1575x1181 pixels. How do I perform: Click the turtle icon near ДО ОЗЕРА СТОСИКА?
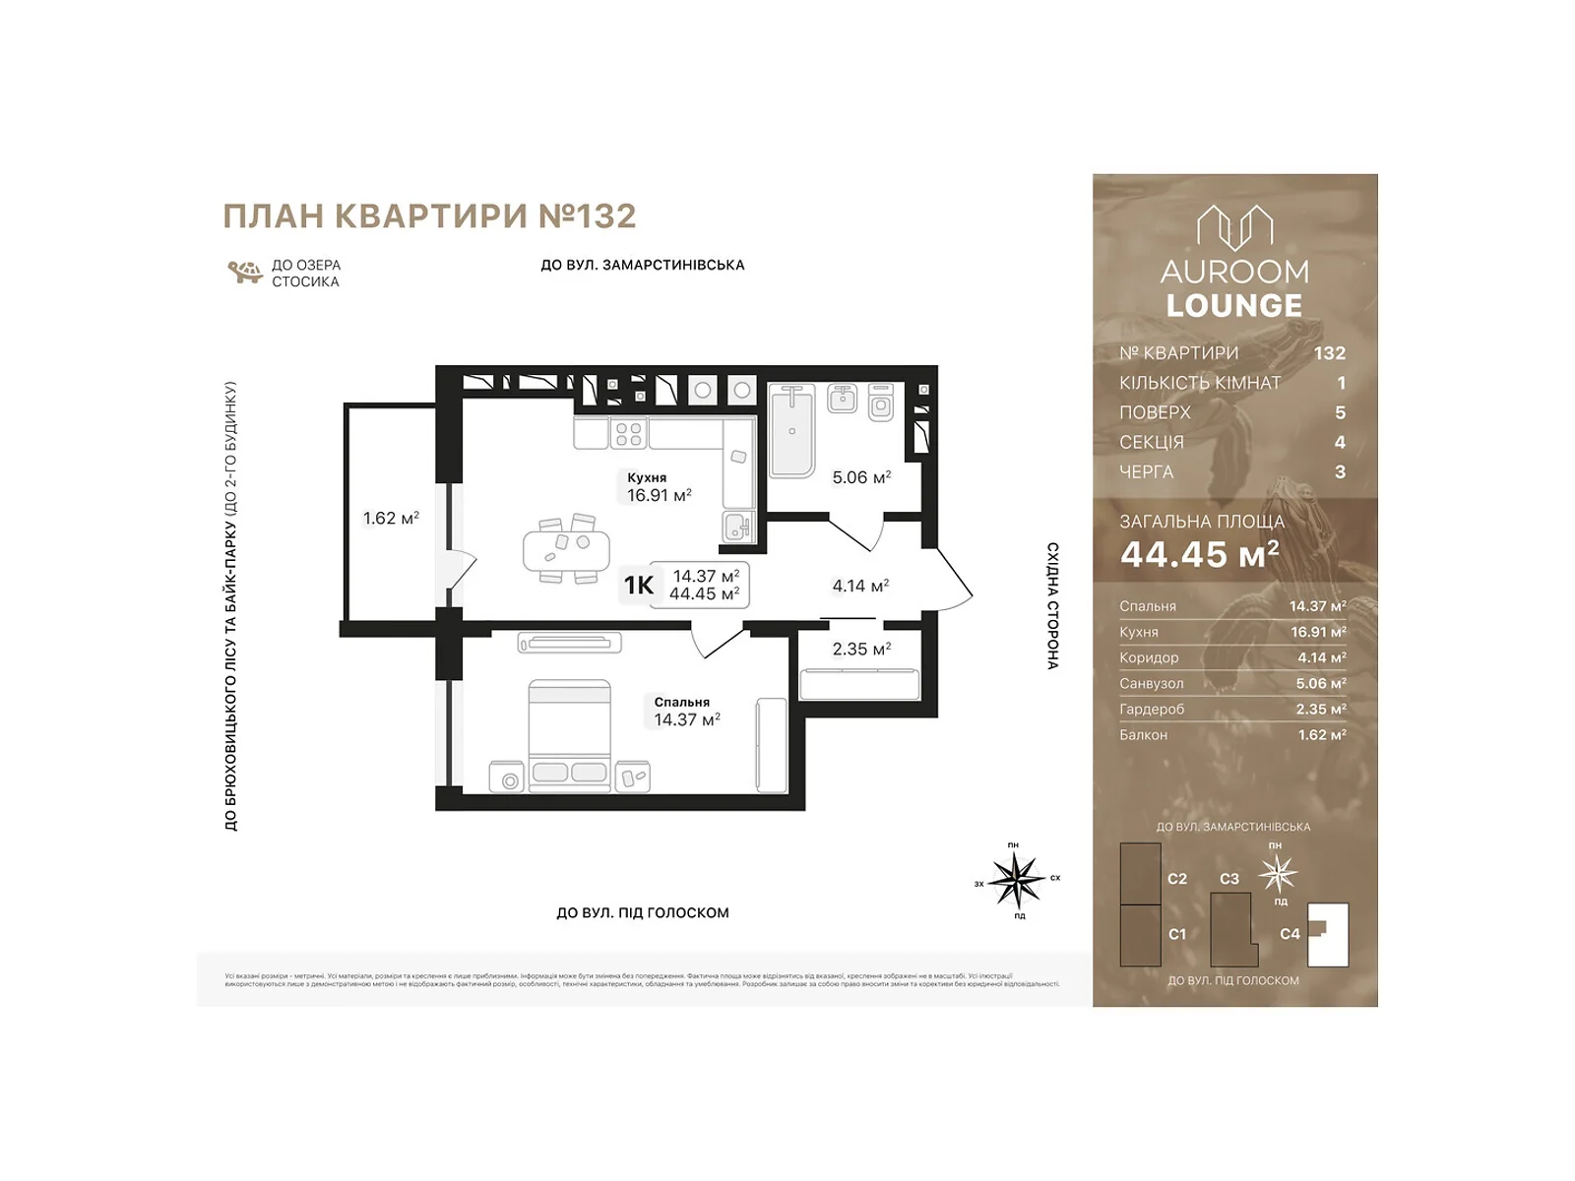coord(244,272)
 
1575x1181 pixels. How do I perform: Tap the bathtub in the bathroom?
coord(791,430)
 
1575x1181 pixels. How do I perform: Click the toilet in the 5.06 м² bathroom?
coord(881,404)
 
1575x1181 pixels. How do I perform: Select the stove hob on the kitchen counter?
coord(629,434)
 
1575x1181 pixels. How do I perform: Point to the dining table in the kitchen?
coord(566,549)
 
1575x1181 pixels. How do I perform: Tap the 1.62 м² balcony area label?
coord(391,518)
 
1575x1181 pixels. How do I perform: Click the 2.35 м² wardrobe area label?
coord(861,649)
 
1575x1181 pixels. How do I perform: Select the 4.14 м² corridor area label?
coord(860,586)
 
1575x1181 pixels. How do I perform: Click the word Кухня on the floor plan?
coord(647,477)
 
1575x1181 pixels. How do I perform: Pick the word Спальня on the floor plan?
coord(681,702)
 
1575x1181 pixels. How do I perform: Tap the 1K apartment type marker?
coord(638,586)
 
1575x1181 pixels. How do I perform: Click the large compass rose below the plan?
coord(1016,879)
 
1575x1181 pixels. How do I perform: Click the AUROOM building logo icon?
coord(1234,228)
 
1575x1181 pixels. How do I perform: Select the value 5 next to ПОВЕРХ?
coord(1339,412)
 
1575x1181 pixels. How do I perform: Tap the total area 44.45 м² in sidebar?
coord(1199,555)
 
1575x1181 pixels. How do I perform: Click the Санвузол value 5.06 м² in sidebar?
coord(1320,683)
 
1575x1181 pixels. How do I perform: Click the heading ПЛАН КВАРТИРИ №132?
coord(429,217)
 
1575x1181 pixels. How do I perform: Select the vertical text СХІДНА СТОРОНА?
coord(1052,605)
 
